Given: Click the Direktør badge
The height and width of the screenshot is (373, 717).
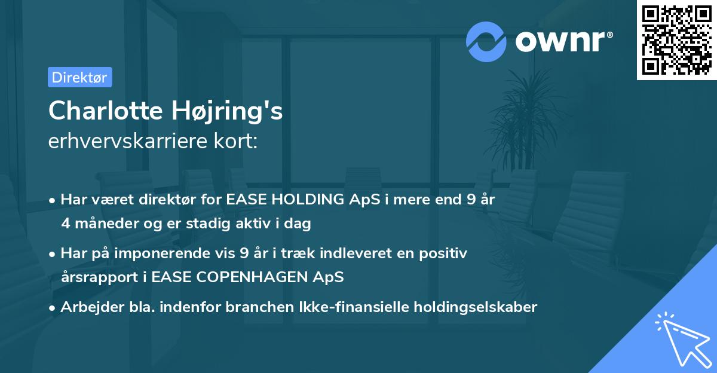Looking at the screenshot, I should point(79,77).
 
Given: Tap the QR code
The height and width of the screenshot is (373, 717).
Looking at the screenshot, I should point(677,39).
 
